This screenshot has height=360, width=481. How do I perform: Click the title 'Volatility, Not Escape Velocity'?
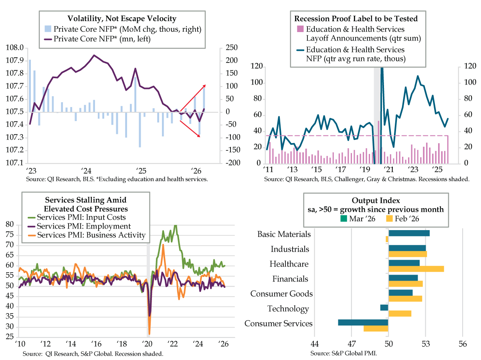click(x=122, y=18)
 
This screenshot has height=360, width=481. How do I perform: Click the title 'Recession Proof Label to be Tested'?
click(x=356, y=18)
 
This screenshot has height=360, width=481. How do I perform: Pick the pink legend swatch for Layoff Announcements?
click(x=299, y=29)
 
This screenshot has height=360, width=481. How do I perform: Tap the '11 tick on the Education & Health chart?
click(x=267, y=169)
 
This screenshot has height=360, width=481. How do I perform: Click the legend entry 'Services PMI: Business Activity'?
click(x=91, y=235)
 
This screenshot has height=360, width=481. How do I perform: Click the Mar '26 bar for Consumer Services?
click(x=363, y=322)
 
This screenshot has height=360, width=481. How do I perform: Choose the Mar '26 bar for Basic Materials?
click(x=409, y=233)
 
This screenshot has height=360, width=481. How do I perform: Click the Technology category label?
click(x=288, y=309)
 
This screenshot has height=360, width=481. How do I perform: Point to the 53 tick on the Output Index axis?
click(x=426, y=344)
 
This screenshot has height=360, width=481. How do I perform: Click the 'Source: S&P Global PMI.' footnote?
click(x=344, y=353)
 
